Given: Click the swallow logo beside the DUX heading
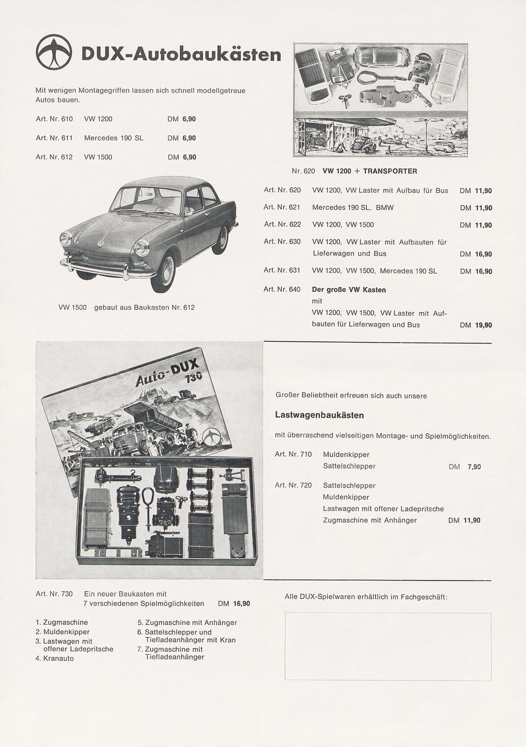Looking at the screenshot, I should point(54,52).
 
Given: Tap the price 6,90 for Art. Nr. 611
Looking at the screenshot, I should point(189,138).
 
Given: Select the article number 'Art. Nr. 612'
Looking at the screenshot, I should point(54,157).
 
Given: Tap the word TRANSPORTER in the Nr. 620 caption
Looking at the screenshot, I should point(390,171).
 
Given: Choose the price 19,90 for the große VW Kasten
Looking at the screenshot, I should point(483,325).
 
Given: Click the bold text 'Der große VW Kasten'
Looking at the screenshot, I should point(349,290).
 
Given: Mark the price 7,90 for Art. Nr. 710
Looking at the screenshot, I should point(474,467).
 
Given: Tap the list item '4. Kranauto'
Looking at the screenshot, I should point(55,658).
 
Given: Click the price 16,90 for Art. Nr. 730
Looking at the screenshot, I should point(241,604).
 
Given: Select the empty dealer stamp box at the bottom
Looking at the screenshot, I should point(388,646).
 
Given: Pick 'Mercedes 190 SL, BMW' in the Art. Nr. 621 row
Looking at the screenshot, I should point(353,208).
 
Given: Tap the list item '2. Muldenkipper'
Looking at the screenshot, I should point(63,632).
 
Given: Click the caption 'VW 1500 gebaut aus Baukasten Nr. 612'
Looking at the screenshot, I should point(126,308).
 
